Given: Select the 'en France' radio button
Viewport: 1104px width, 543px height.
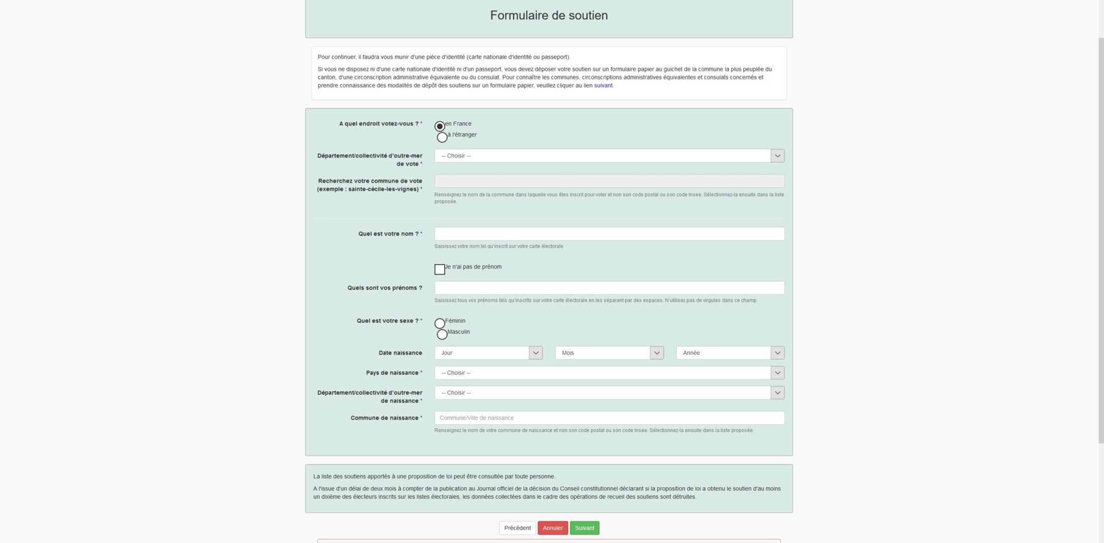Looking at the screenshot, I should [440, 126].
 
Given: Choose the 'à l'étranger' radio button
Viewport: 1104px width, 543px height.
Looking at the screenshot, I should [442, 137].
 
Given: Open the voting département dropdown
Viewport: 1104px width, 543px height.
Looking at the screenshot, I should [609, 156].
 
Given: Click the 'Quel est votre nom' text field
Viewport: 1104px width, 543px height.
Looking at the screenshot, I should [609, 234].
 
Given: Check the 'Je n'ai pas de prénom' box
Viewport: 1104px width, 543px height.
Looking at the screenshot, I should [440, 269].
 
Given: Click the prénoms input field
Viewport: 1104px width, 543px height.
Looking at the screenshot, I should [609, 288].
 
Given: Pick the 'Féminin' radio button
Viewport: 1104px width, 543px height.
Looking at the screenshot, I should [440, 323].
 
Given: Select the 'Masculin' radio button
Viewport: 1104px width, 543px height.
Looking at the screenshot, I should [442, 334].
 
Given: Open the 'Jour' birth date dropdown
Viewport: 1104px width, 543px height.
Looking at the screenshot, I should [488, 353].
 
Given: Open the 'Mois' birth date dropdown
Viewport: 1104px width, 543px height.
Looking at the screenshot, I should [609, 353].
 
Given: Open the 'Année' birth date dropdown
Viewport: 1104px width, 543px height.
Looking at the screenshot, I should [730, 353].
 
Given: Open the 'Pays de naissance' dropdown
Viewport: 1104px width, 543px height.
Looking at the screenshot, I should [609, 373].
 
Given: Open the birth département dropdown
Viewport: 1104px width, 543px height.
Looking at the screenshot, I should [609, 393].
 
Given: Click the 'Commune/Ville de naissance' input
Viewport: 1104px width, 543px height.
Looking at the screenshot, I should [609, 418].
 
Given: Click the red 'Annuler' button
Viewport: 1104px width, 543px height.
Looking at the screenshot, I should [553, 528].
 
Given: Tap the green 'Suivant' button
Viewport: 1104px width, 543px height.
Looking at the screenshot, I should [585, 528].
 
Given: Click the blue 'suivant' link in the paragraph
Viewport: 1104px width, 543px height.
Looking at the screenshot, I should [603, 86].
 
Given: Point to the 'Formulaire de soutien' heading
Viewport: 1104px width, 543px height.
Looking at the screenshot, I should [549, 16].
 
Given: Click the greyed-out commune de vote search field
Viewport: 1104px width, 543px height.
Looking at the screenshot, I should [609, 181].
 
